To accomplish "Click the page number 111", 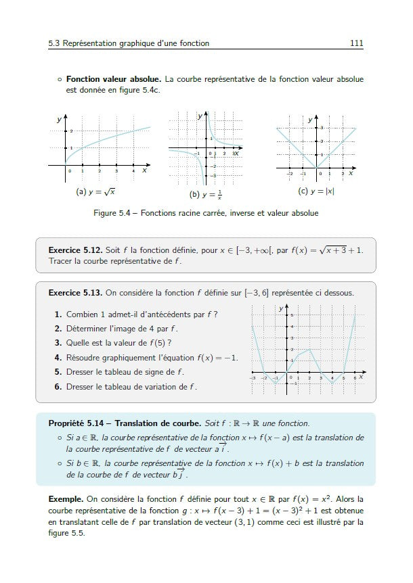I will pos(357,43).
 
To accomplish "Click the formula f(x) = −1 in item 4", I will pos(217,357).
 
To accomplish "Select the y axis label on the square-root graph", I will pos(59,120).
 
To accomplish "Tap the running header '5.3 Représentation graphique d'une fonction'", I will pos(129,43).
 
